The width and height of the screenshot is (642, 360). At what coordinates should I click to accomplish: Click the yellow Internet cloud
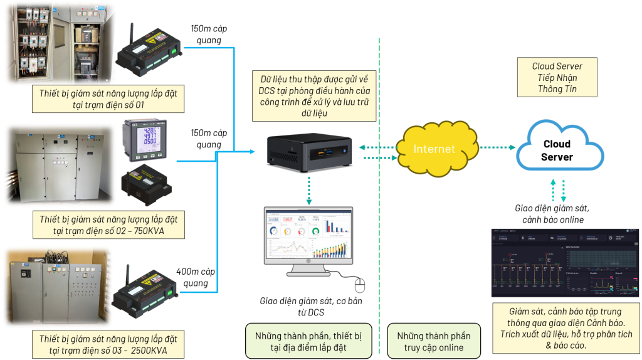pyautogui.click(x=434, y=149)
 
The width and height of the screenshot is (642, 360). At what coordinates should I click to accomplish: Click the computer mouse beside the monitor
pyautogui.click(x=360, y=285)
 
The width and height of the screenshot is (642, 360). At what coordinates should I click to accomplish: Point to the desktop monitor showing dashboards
pyautogui.click(x=307, y=241)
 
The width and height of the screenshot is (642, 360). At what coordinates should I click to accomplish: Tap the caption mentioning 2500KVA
pyautogui.click(x=108, y=344)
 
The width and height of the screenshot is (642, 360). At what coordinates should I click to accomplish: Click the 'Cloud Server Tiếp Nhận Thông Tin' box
pyautogui.click(x=557, y=77)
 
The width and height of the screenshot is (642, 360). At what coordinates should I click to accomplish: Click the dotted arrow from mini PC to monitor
pyautogui.click(x=310, y=189)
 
